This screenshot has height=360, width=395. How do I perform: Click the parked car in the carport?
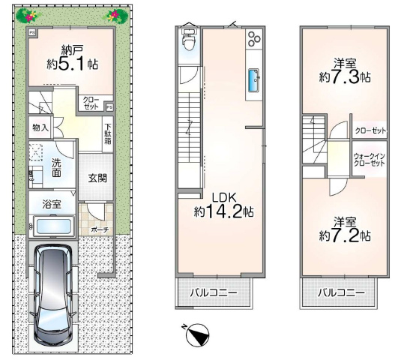click(52, 295)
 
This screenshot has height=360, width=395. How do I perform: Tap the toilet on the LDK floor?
click(190, 40)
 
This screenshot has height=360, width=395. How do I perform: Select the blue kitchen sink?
click(254, 80)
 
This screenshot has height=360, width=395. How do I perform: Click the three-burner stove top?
click(254, 38)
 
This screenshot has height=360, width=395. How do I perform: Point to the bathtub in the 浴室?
click(54, 226)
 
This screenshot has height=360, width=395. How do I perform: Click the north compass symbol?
click(196, 334)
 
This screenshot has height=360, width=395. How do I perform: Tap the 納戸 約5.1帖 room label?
click(73, 58)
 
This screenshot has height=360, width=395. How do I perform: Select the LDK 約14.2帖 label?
click(223, 205)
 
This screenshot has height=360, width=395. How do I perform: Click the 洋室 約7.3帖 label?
click(345, 70)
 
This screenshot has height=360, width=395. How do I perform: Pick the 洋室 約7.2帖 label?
click(345, 229)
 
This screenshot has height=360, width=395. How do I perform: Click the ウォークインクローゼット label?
click(370, 160)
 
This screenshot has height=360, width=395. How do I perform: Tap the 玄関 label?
click(97, 178)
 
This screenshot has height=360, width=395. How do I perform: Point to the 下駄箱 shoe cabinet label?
click(108, 133)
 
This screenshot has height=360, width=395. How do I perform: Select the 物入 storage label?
click(40, 127)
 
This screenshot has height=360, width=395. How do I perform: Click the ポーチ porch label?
click(100, 229)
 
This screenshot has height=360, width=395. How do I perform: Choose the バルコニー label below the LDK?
click(214, 293)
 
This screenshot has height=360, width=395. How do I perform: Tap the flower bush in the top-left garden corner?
click(28, 15)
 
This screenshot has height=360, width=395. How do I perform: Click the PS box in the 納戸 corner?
click(32, 32)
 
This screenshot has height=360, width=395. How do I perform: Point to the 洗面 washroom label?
click(56, 168)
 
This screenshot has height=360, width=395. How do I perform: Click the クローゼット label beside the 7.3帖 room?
click(370, 130)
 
